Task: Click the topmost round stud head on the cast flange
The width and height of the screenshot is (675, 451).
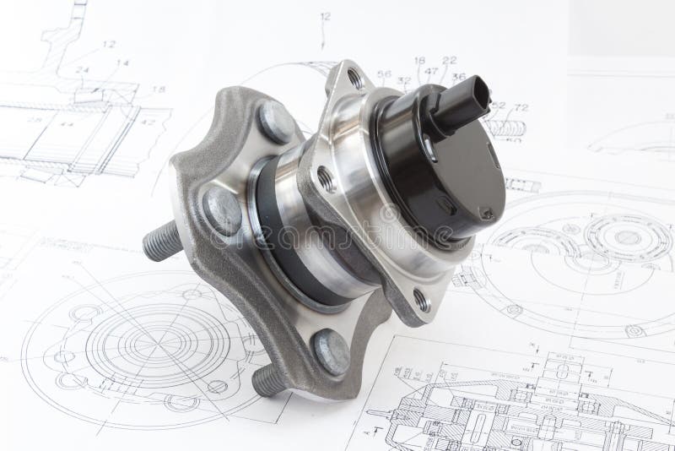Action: [275, 121]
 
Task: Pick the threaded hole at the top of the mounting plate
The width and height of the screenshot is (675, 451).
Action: [354, 79]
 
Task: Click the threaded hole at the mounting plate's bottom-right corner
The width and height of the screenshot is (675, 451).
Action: [421, 297]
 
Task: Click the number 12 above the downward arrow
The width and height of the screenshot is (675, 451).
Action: [325, 17]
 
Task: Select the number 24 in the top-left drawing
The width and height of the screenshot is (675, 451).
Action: [83, 70]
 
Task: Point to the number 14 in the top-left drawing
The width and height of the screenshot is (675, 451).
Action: [122, 63]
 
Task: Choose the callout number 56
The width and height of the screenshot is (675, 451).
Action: [384, 74]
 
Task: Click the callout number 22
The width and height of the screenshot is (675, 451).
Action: [449, 59]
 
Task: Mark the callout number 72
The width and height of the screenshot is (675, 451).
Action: [521, 106]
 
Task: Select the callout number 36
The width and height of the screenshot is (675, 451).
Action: [459, 77]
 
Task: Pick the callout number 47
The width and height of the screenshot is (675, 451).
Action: [431, 71]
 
